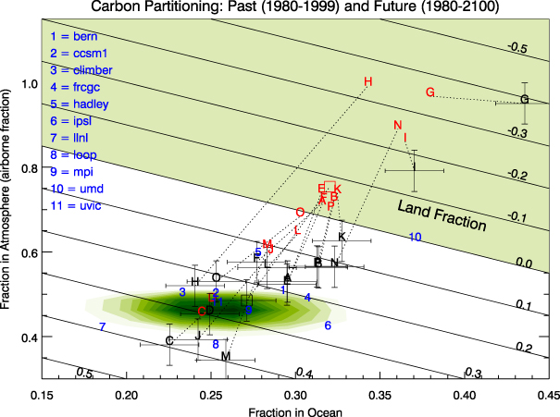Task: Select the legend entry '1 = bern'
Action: [x=70, y=37]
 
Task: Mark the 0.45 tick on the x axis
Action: [x=547, y=395]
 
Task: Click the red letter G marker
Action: [x=430, y=92]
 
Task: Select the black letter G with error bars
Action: [x=525, y=100]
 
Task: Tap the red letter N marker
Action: [x=397, y=126]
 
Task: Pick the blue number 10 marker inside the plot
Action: [x=416, y=238]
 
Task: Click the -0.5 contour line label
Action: [x=521, y=48]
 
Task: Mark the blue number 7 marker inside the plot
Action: [x=103, y=327]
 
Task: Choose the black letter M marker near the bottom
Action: [x=226, y=356]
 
